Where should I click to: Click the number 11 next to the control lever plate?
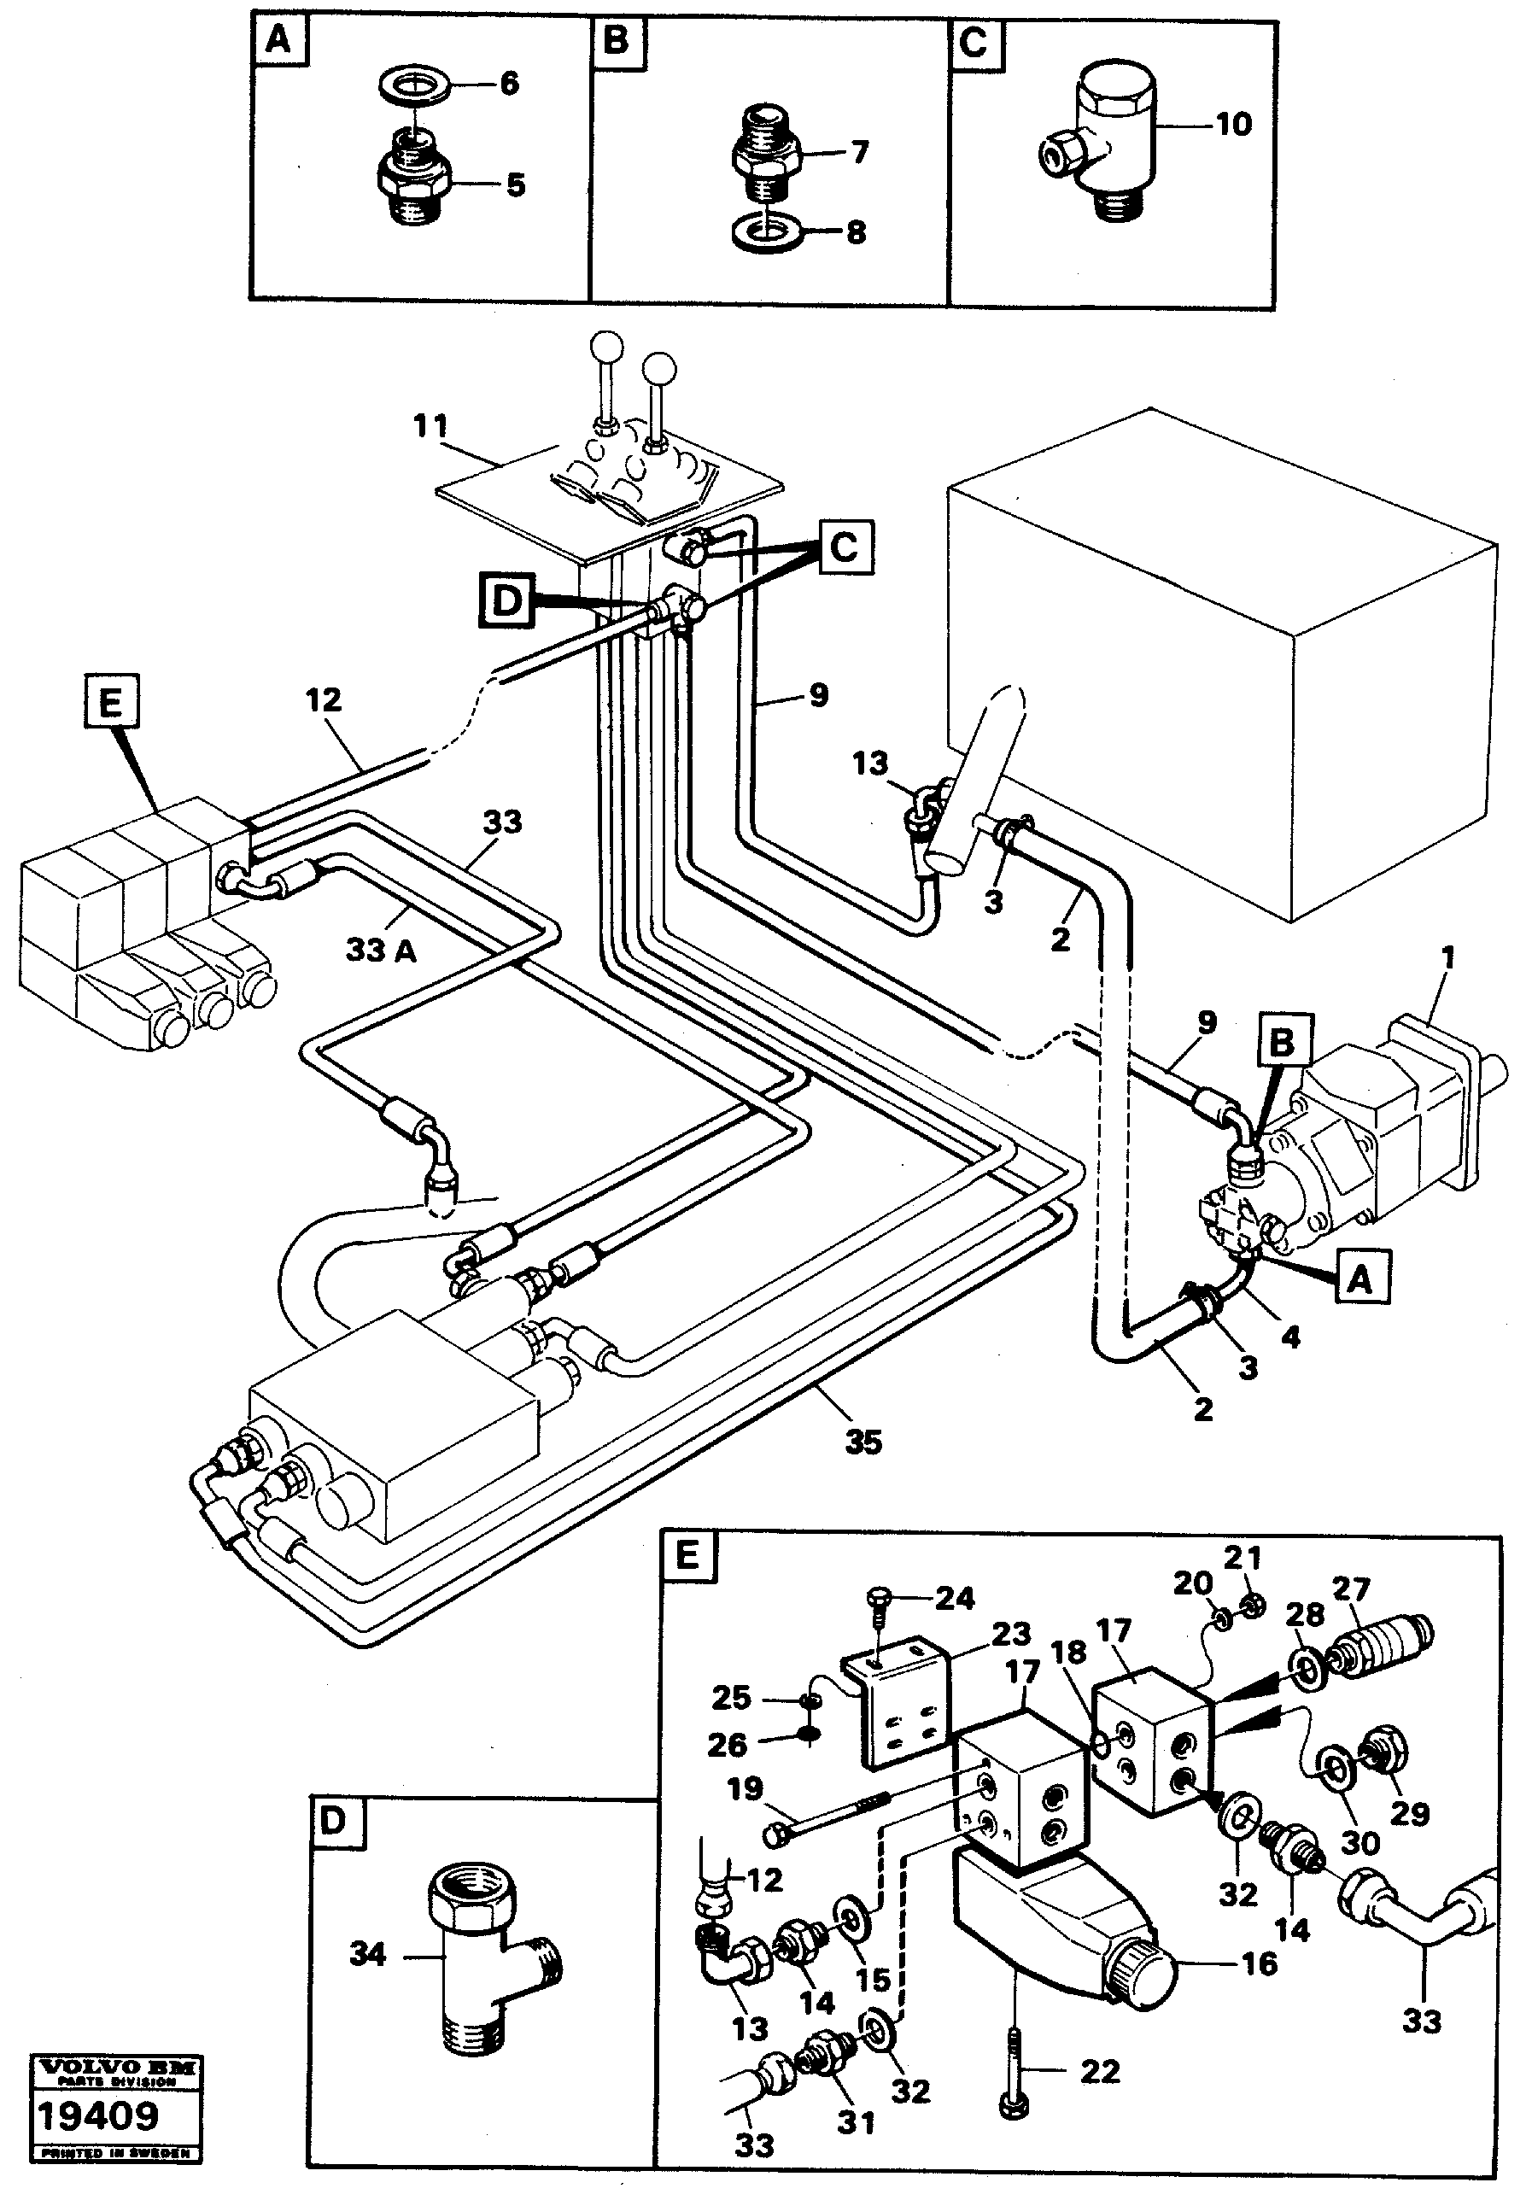(430, 426)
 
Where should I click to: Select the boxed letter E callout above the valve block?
(110, 705)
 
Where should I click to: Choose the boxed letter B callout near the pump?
(1282, 1042)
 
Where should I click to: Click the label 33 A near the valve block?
(380, 951)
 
